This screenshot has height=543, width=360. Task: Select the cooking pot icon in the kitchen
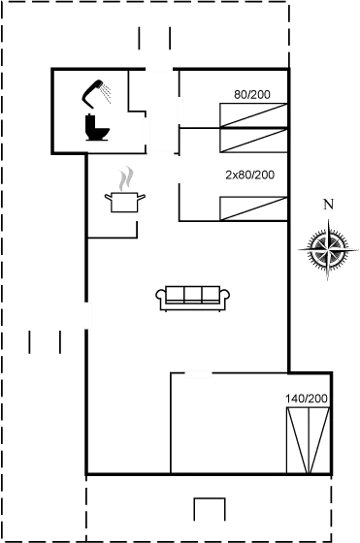coord(124,202)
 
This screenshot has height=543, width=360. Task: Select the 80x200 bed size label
coord(252,94)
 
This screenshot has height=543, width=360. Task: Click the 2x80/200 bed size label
coord(248,175)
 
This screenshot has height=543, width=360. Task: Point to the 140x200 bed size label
coord(308,399)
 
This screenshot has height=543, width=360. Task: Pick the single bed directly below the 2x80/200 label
coord(254,207)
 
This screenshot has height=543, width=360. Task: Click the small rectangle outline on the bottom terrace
coord(209,510)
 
